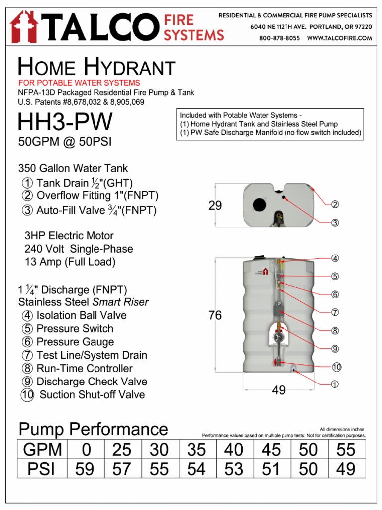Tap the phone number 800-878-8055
pos(279,38)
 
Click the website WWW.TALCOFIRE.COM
pos(340,38)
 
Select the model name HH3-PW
pos(65,123)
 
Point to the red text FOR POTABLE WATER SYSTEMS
pos(79,83)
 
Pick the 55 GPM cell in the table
pos(346,450)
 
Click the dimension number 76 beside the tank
pos(215,315)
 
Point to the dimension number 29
pos(215,205)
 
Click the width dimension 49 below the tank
pos(279,391)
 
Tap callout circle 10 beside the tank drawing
pos(337,367)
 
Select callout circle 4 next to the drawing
pos(335,258)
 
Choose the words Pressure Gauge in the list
pos(75,342)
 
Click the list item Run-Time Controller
pos(85,369)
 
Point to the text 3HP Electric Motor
pos(69,236)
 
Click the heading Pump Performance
pos(93,429)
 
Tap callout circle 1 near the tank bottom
pos(335,384)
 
